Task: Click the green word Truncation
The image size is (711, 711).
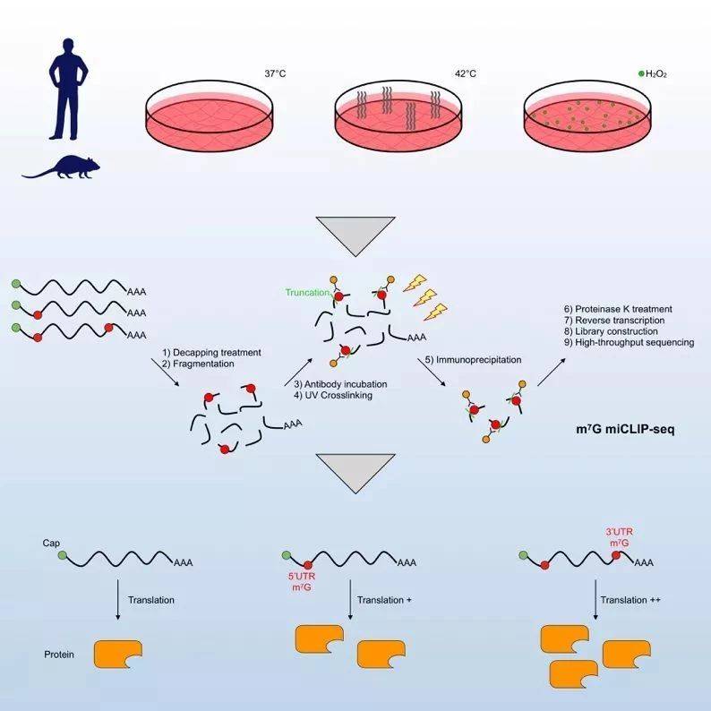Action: coord(306,292)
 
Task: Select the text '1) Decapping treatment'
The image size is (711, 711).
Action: coord(211,353)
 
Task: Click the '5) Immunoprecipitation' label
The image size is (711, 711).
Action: coord(465,360)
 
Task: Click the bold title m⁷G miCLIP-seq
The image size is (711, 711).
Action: coord(624,429)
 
